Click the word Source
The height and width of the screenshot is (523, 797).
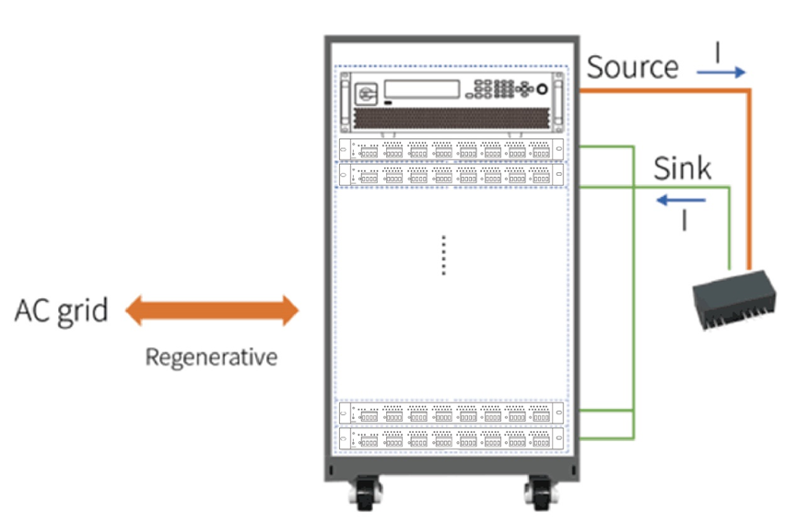[x=632, y=67]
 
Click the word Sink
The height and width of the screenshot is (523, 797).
[x=682, y=169]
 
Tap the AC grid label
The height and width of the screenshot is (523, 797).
[x=61, y=310]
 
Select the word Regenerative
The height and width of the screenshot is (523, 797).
[x=211, y=356]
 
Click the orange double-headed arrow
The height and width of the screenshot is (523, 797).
[x=212, y=310]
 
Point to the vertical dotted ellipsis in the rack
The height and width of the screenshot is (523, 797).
[x=443, y=254]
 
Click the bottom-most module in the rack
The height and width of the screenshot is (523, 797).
[x=451, y=438]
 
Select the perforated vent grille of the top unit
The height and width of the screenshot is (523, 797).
[x=451, y=120]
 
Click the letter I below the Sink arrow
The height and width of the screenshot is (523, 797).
[x=683, y=221]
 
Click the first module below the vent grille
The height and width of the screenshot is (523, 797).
[x=451, y=149]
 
